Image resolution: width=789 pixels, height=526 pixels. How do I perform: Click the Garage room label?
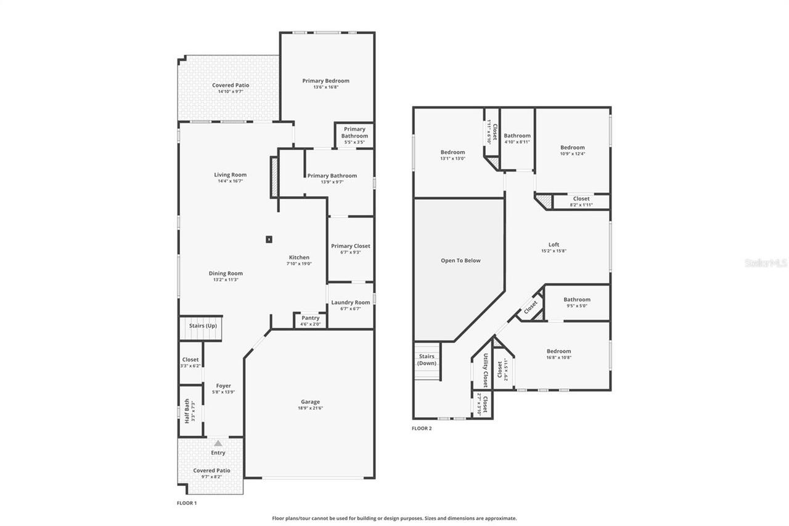tap(310, 401)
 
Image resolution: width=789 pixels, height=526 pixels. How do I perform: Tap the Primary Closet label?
tap(350, 246)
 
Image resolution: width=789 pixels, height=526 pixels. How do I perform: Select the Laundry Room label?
tap(350, 302)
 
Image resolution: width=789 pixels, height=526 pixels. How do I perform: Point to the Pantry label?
tap(310, 318)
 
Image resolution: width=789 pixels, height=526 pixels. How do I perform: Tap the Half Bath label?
tap(187, 411)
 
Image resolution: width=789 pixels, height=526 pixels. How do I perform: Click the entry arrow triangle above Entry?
tap(218, 443)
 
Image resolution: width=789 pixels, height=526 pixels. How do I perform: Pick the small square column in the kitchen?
tap(269, 239)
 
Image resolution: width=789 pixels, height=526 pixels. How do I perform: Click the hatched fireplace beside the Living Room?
tap(274, 177)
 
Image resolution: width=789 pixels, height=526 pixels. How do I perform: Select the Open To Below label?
tap(460, 260)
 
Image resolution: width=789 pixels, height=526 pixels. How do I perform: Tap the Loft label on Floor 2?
tap(554, 244)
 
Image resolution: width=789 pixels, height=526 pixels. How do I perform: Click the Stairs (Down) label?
tap(427, 360)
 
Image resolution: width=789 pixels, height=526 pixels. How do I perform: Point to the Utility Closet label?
tap(485, 370)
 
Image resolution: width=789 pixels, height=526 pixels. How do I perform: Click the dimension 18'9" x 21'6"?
tap(310, 408)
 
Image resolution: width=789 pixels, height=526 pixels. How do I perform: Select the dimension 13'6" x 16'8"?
tap(325, 87)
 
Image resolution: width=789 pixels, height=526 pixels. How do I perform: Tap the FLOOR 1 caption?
tap(187, 503)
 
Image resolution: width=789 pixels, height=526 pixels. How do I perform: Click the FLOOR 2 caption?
tap(422, 428)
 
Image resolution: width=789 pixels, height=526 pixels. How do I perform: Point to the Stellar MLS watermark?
tap(766, 263)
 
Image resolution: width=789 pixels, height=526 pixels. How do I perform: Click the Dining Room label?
tap(226, 273)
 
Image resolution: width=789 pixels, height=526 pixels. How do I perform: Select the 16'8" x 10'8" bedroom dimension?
tap(558, 357)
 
